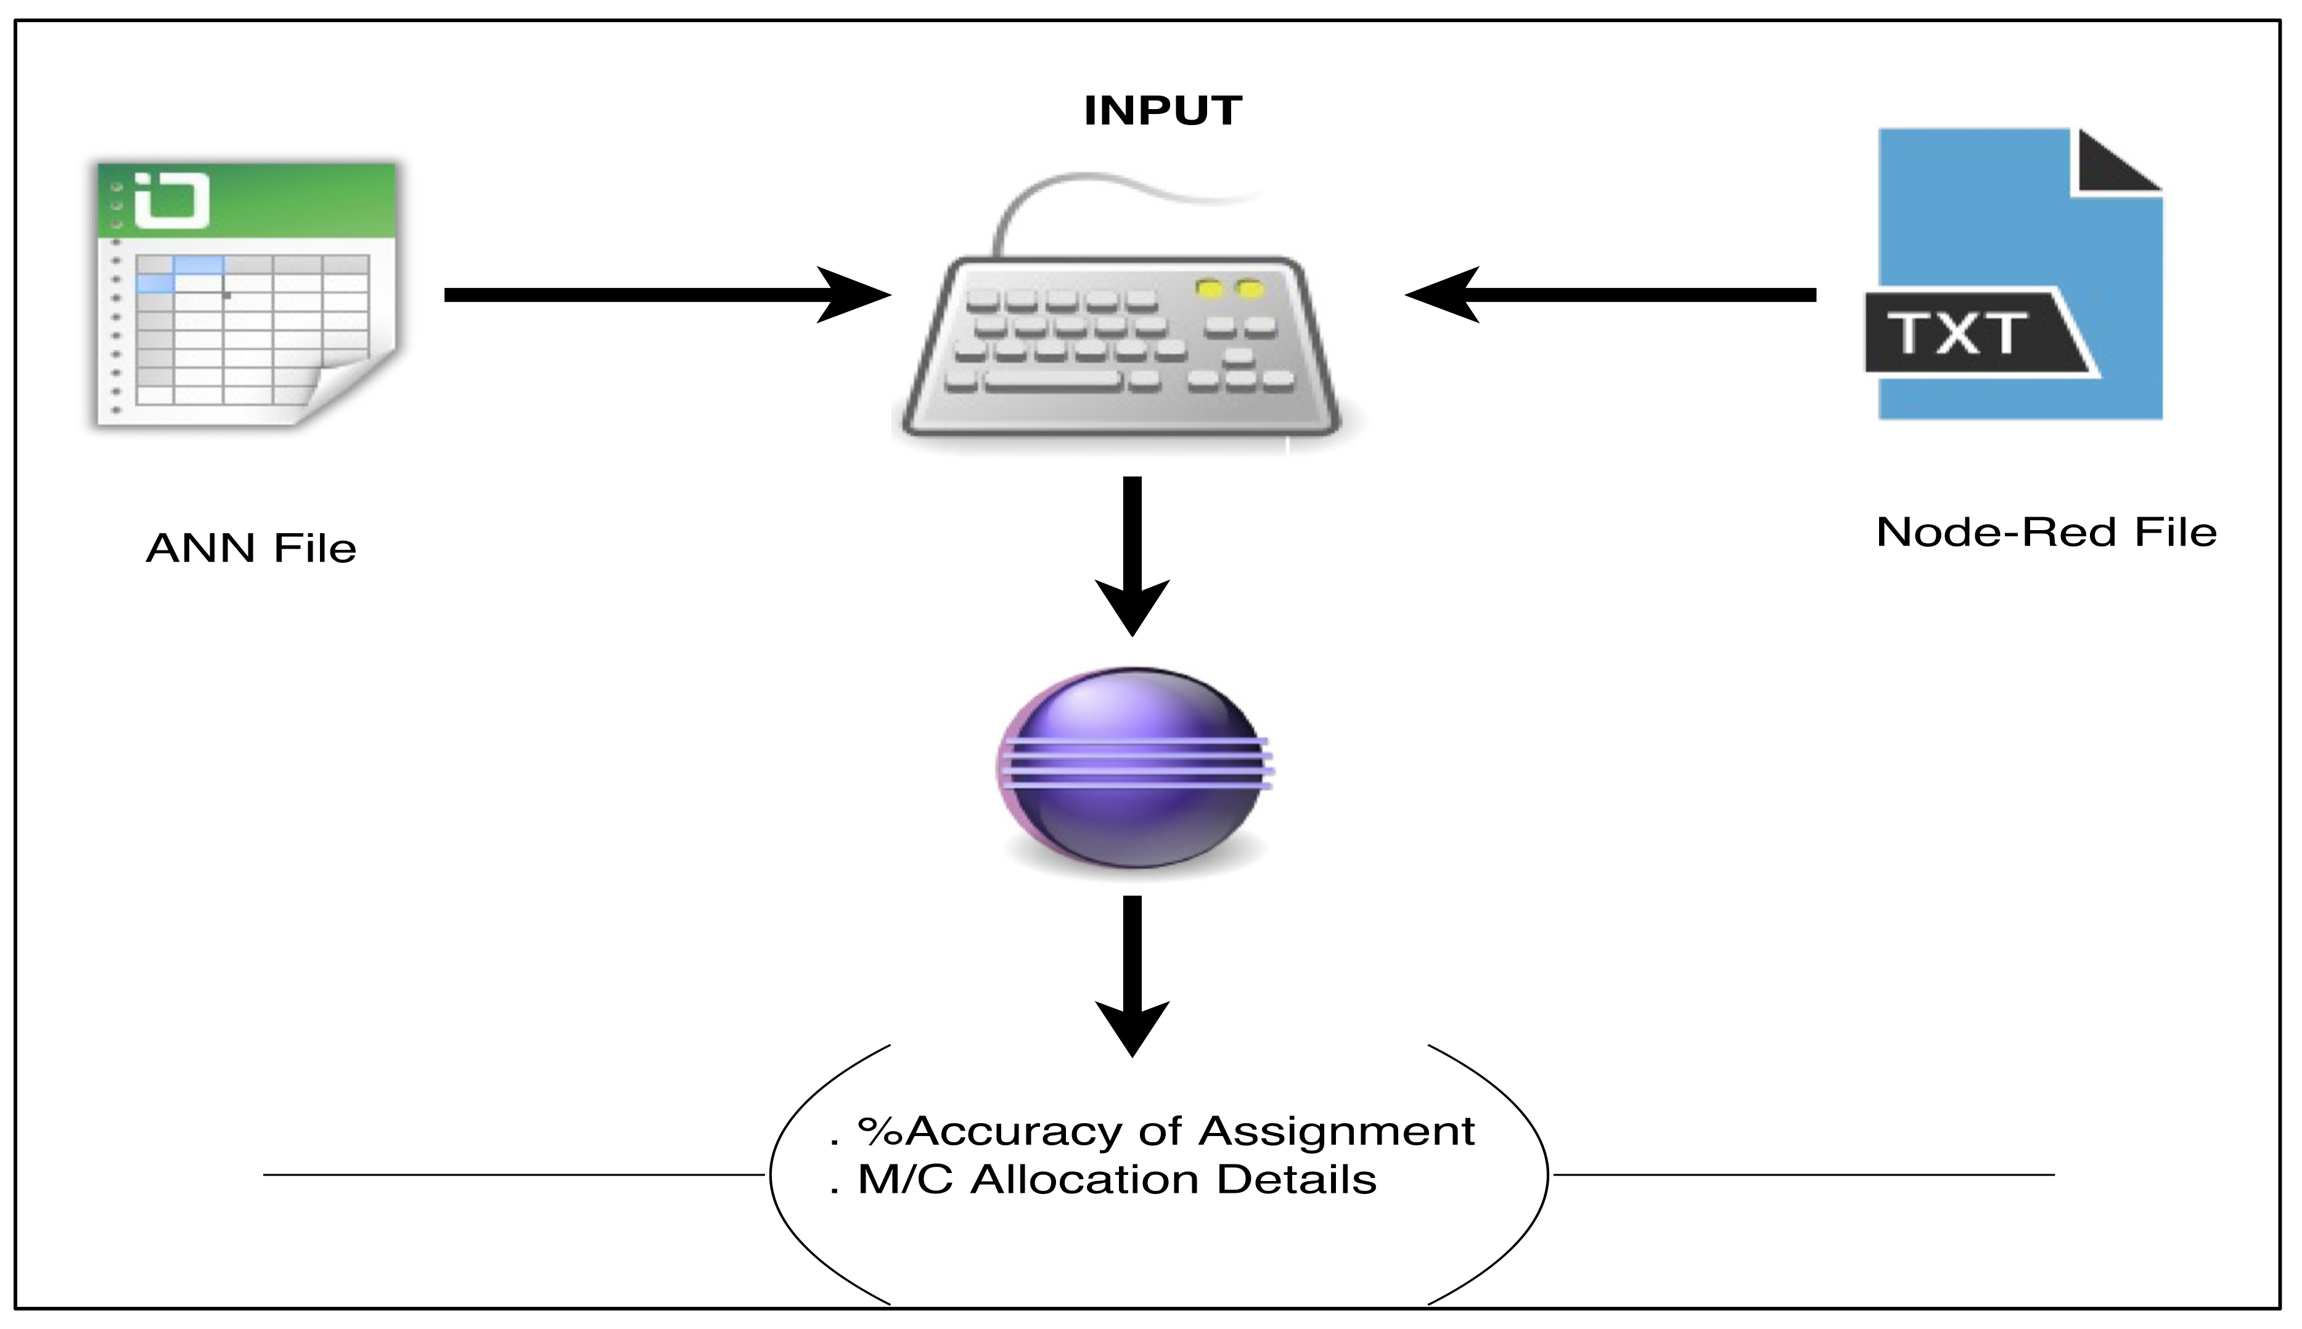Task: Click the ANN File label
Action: pyautogui.click(x=251, y=549)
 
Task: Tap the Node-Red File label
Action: pyautogui.click(x=2046, y=532)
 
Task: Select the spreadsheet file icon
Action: pyautogui.click(x=247, y=294)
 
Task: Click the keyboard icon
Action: pyautogui.click(x=1122, y=347)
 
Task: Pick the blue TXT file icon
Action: pyautogui.click(x=2017, y=274)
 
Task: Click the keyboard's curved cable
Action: pyautogui.click(x=1077, y=187)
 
